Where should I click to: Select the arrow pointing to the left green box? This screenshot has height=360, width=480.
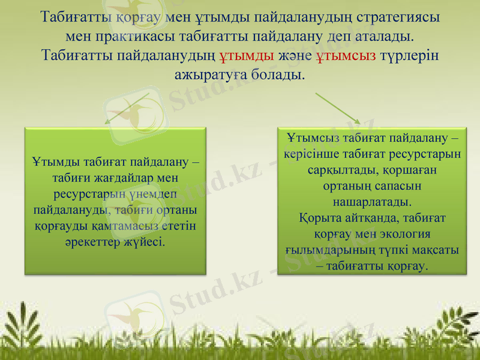[x=127, y=108]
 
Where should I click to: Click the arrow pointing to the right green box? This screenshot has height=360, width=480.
[x=338, y=108]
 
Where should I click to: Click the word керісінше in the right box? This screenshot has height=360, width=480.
[x=316, y=154]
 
